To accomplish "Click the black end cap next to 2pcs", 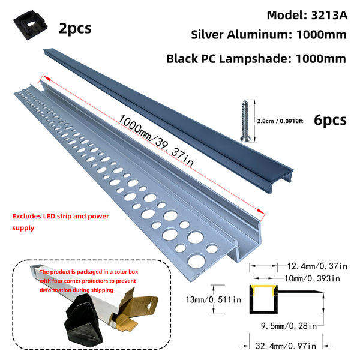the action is [31, 25].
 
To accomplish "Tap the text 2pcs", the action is [75, 28].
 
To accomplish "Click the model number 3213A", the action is [329, 16].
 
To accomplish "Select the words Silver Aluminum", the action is [241, 35].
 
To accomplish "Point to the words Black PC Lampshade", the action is [229, 59].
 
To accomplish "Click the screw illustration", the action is [245, 121].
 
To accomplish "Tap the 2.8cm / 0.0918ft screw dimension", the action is [280, 121].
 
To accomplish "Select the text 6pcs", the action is [330, 120].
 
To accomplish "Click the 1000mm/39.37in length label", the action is [155, 140].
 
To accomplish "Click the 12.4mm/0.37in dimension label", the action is [317, 266].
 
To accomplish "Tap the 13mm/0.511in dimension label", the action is [214, 299].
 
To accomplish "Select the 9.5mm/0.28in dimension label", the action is [289, 326].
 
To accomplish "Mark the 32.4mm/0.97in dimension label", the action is [286, 346].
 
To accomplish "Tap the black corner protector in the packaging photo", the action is [83, 319].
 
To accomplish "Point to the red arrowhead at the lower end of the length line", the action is [261, 212].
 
